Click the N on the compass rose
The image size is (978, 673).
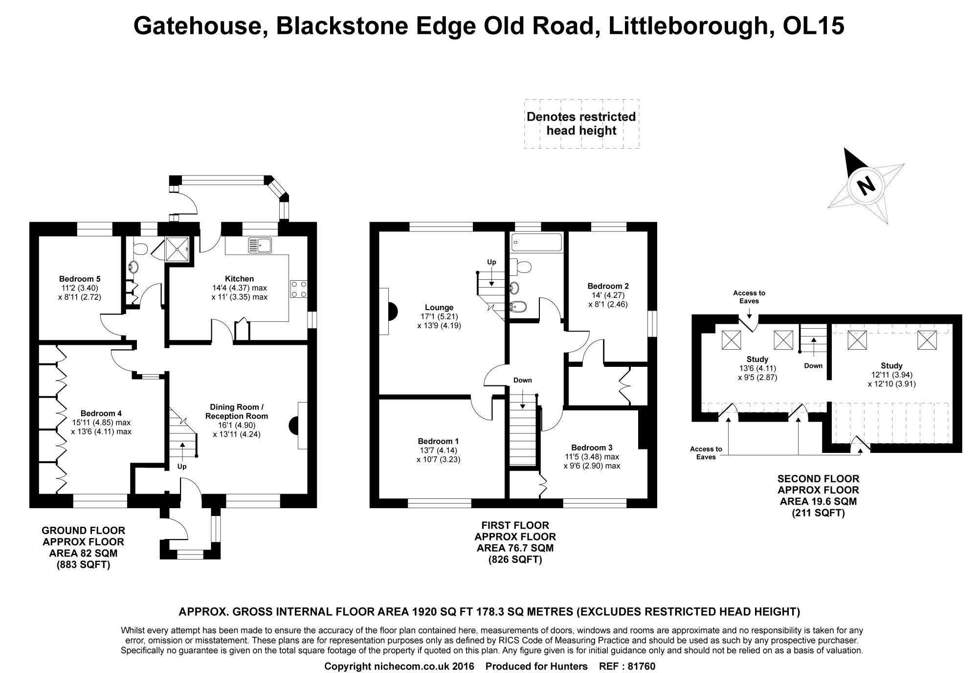point(866,186)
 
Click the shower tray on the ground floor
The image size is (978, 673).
point(178,249)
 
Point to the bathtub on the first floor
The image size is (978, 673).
point(536,243)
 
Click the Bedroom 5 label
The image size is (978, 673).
point(80,279)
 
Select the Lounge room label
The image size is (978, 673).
point(439,308)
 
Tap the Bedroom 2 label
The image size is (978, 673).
point(608,286)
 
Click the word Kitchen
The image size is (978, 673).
point(239,279)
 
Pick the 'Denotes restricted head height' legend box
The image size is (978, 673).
point(581,124)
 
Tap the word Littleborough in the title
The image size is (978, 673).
point(686,25)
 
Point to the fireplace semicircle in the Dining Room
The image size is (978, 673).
point(295,425)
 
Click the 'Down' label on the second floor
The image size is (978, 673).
point(813,366)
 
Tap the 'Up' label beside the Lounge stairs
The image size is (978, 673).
point(491,262)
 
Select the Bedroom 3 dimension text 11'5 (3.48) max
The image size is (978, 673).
point(592,457)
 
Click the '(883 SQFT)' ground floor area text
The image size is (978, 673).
point(83,565)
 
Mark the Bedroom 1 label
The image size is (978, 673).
point(438,441)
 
